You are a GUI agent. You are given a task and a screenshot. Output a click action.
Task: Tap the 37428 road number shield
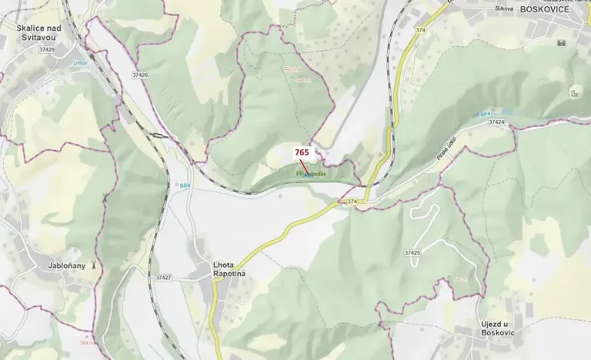46,49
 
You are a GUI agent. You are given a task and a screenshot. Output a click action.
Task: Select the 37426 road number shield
140,75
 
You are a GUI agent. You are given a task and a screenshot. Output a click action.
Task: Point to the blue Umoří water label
81,64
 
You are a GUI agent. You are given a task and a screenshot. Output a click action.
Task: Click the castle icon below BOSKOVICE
574,93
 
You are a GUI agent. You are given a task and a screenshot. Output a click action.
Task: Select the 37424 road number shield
496,122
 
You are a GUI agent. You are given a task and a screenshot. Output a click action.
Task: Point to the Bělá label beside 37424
485,114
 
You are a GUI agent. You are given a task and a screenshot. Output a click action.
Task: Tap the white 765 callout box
301,152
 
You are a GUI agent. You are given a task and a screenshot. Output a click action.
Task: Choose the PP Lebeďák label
311,175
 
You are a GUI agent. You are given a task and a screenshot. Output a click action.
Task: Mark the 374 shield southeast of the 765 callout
352,202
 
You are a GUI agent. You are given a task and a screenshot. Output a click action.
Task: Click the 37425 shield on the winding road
412,252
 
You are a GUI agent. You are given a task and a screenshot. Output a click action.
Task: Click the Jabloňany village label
65,265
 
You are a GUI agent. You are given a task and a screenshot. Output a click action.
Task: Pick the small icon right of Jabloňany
95,265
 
